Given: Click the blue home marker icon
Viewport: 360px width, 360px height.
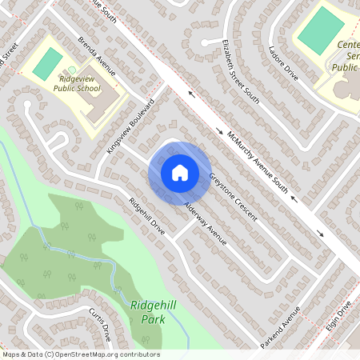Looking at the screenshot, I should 179,173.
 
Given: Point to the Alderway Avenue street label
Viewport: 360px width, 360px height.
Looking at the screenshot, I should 206,223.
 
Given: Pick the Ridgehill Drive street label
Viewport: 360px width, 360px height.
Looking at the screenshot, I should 146,215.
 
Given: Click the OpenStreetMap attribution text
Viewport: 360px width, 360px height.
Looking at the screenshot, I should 81,354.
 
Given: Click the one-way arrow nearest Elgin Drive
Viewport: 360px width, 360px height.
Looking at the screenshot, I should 321,234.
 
